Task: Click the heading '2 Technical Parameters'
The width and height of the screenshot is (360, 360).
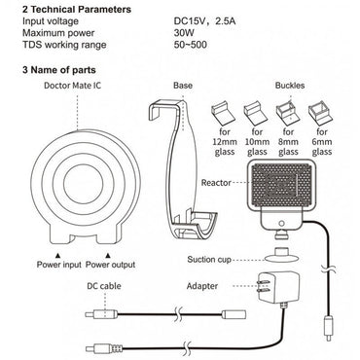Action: (77, 9)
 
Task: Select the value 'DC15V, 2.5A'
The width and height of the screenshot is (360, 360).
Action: (205, 21)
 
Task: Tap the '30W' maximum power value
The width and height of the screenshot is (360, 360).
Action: (184, 33)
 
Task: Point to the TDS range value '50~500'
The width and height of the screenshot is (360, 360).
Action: (190, 45)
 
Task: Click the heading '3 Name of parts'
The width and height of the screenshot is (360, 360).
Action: (59, 70)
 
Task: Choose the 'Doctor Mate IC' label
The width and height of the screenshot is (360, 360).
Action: (73, 86)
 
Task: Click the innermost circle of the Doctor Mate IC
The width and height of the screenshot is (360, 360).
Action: (84, 184)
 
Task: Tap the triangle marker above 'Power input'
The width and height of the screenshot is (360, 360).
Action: (58, 255)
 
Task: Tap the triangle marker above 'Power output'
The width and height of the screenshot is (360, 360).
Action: (109, 255)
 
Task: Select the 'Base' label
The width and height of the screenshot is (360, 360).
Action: (183, 86)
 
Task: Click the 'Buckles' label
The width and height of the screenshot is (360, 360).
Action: (290, 86)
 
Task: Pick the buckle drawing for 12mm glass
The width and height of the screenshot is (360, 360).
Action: (224, 114)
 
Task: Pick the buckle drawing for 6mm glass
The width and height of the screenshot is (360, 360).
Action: (319, 114)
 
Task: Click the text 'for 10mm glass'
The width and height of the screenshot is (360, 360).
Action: (257, 142)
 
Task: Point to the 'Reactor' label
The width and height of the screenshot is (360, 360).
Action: (216, 183)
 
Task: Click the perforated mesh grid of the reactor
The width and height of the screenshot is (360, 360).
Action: (281, 186)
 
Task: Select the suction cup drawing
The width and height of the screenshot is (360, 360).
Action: (281, 255)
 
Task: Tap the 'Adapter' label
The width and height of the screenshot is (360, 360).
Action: (202, 286)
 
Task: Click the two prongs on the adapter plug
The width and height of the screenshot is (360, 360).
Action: (262, 286)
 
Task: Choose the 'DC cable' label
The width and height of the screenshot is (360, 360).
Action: (104, 286)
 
